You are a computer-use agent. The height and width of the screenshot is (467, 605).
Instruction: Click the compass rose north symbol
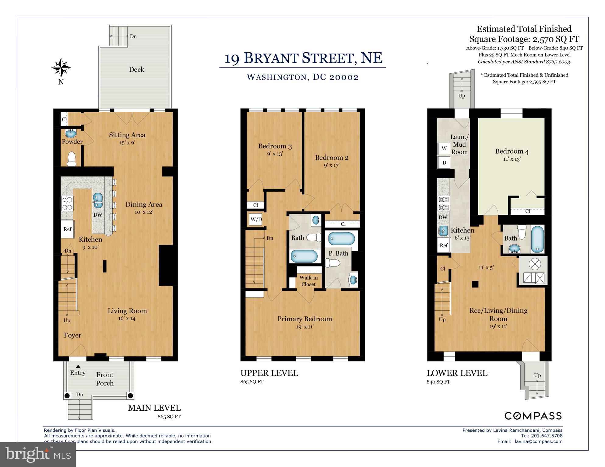coord(61,68)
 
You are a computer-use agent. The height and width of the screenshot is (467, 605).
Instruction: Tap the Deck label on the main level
coord(136,69)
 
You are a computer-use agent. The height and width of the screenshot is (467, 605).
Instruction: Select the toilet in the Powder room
coord(72,159)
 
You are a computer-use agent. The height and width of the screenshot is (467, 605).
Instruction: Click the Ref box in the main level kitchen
coord(68,229)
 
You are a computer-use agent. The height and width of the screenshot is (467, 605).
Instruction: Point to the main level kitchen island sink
coord(98,200)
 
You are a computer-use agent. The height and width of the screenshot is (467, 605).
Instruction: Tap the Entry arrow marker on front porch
coord(78,367)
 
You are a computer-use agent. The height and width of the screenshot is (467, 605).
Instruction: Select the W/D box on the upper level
coord(256,220)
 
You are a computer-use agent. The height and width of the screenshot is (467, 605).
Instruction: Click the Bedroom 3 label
coord(275,146)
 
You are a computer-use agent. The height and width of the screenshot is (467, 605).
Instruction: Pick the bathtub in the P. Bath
coord(342,239)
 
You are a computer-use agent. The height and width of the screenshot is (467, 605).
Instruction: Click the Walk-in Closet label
coord(308,281)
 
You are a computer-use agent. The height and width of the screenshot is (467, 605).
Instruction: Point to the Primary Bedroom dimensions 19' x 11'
coord(304,327)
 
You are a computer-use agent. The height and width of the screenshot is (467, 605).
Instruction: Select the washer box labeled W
coord(444,148)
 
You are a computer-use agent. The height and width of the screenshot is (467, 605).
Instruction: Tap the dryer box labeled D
coord(444,163)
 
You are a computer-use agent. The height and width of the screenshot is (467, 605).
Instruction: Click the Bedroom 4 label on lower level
coord(512,151)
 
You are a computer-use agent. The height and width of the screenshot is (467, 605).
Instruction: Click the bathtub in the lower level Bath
coord(538,239)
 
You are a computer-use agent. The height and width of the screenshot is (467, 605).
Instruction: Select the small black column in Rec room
coord(475,284)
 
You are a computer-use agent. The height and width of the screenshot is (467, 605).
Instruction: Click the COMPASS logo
coord(533,416)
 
